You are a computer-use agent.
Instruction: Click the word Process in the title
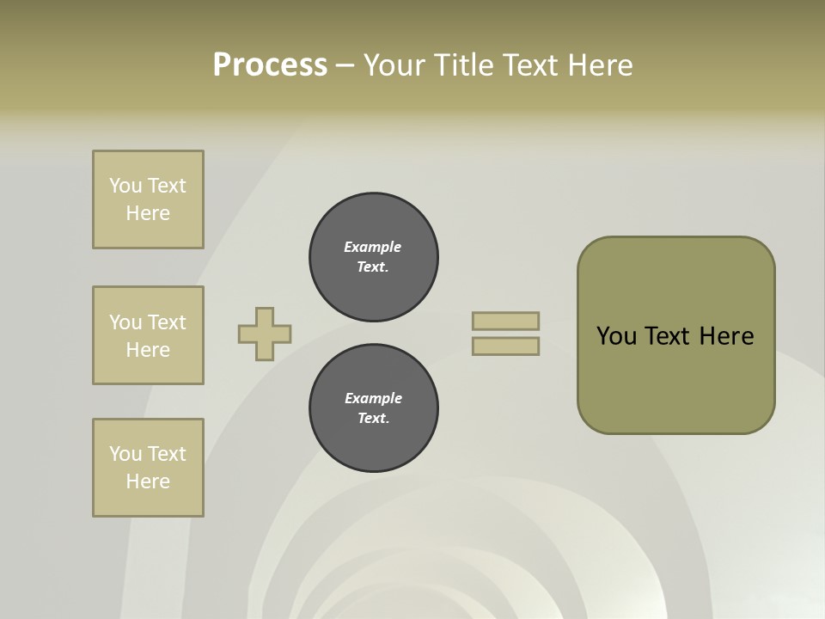click(270, 65)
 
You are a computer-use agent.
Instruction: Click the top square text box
click(148, 199)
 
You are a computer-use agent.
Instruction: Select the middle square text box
click(148, 335)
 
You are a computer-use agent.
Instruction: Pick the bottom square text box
click(148, 468)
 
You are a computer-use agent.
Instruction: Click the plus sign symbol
click(265, 334)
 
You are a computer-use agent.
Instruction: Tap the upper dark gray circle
click(374, 257)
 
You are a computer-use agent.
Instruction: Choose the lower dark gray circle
click(374, 408)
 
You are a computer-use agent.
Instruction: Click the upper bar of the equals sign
click(505, 321)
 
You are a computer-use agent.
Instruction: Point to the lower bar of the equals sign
click(505, 346)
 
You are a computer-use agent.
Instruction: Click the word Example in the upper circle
click(373, 247)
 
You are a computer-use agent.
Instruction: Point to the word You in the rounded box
click(616, 336)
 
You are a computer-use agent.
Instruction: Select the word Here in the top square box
click(148, 213)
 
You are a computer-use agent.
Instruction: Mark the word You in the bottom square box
click(125, 454)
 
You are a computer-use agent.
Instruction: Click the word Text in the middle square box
click(167, 322)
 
